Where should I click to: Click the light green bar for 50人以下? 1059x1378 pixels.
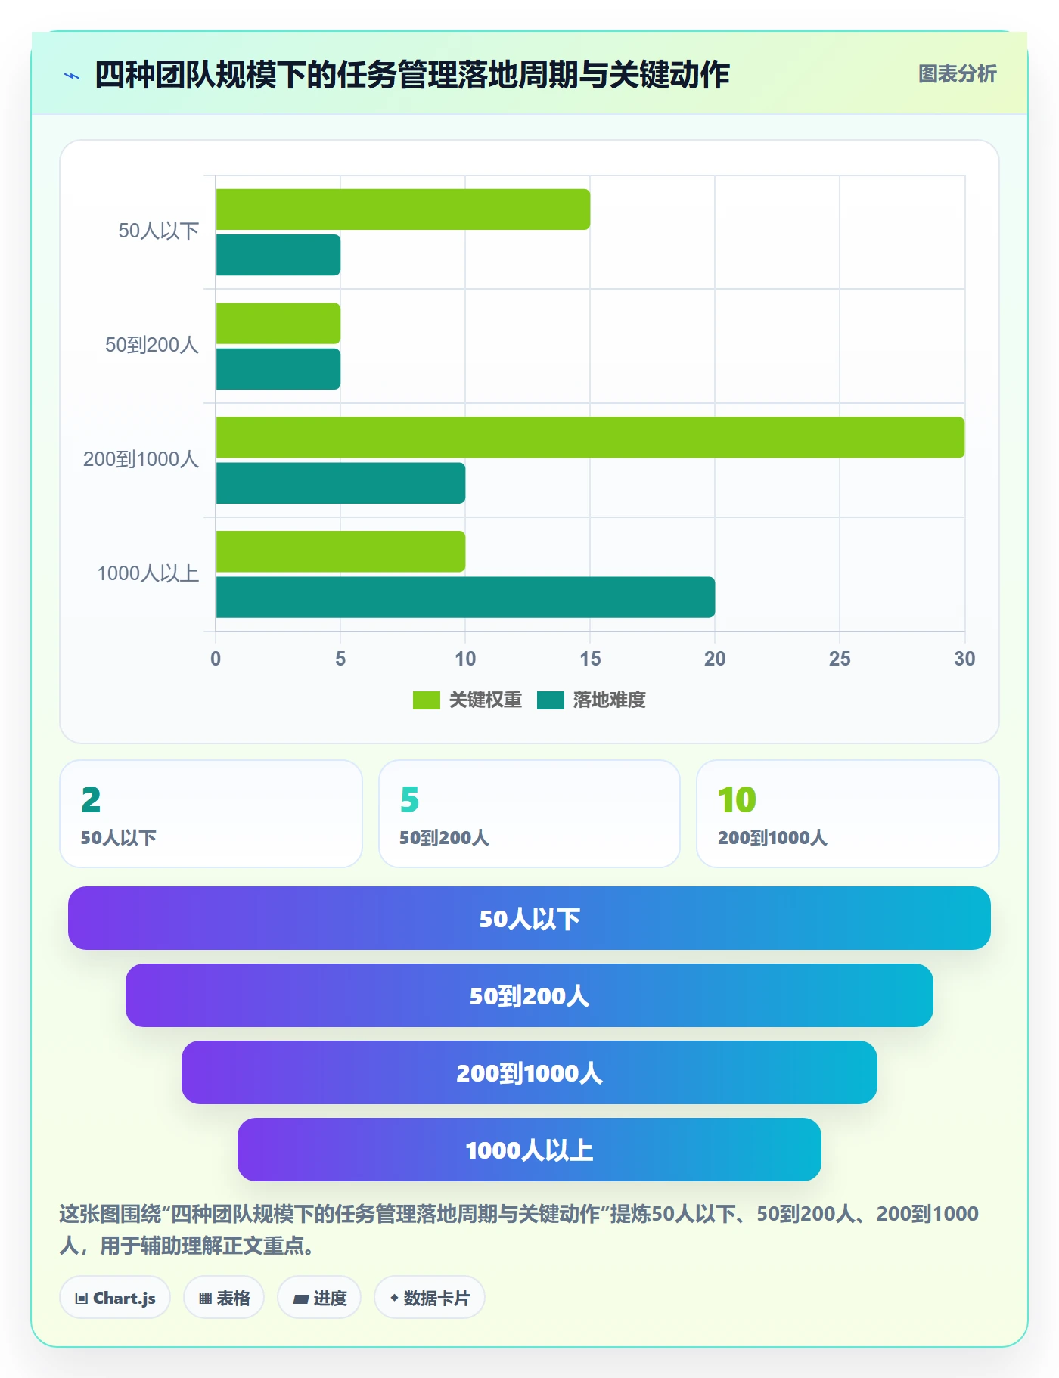(403, 209)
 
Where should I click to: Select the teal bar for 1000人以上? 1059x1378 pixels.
(465, 597)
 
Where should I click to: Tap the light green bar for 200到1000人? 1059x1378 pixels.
(590, 437)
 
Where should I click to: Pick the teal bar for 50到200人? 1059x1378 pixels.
(278, 369)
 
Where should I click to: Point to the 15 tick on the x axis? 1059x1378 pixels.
(590, 659)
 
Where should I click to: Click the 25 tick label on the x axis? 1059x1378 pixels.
(840, 659)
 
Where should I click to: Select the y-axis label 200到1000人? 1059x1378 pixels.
(141, 459)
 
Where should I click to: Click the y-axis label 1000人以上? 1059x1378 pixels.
(148, 573)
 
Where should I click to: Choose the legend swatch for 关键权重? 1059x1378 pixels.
(427, 700)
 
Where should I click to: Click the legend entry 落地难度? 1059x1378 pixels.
(592, 700)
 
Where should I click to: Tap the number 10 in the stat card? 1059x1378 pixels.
(737, 800)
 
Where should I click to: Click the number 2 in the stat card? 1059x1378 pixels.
(91, 800)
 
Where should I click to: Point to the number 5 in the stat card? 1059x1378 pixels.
(409, 800)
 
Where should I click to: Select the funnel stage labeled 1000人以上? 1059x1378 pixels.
(529, 1150)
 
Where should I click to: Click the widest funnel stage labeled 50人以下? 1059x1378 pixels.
(529, 918)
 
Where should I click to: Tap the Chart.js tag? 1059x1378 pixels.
(115, 1298)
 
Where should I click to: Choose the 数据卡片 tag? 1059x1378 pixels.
(430, 1298)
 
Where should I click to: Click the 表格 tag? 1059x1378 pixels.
(224, 1298)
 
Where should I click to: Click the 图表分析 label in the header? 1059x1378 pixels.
(958, 74)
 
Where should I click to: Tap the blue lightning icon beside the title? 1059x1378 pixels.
(72, 76)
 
